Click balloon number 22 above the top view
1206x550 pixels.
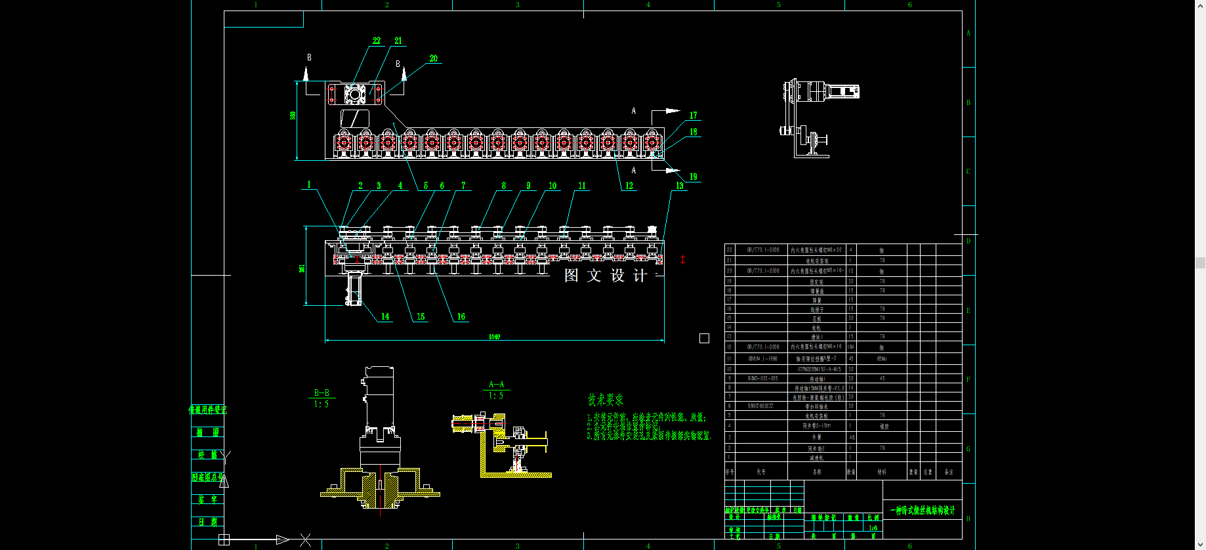click(377, 41)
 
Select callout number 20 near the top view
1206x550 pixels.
click(434, 58)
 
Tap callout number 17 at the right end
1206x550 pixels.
click(694, 116)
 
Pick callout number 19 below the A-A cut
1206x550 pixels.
click(694, 177)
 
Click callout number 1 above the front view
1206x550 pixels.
click(309, 184)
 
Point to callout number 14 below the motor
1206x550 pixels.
click(385, 316)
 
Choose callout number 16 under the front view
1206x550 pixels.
click(461, 316)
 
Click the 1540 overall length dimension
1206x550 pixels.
click(494, 337)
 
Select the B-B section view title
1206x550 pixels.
click(322, 393)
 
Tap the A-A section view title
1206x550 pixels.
click(497, 385)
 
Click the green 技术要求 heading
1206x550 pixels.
click(605, 400)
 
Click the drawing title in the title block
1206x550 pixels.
click(923, 510)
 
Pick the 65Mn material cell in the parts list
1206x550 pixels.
click(882, 359)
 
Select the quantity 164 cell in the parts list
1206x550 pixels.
click(851, 347)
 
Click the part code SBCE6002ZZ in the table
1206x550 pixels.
click(760, 406)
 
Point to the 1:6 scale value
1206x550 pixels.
click(873, 528)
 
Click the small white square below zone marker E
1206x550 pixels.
click(704, 339)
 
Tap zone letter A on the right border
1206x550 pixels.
click(968, 33)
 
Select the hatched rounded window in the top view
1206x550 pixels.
click(354, 119)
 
